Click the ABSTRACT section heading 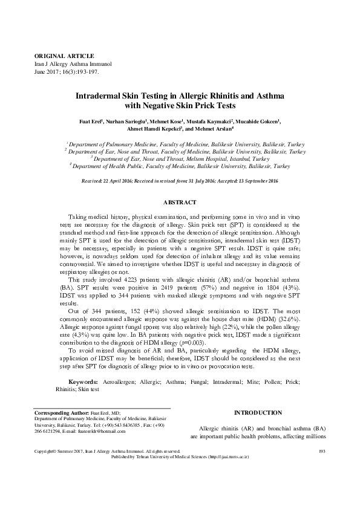point(180,201)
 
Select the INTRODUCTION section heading point(257,412)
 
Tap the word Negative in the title point(161,105)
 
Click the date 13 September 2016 point(257,181)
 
